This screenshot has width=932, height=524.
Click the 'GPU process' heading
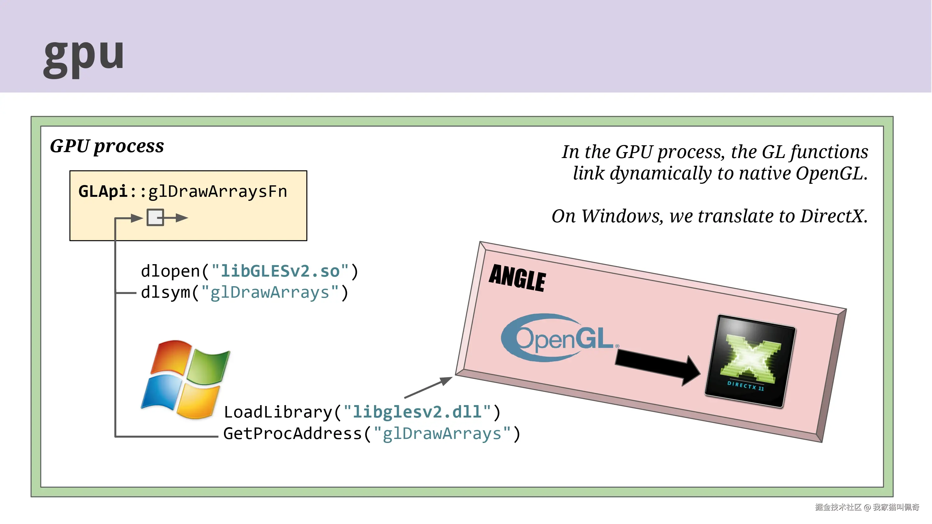(x=107, y=146)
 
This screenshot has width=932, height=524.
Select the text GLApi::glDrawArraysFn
(x=183, y=191)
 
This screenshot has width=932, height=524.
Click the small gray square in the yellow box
(x=155, y=217)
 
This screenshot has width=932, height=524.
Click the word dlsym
(x=165, y=292)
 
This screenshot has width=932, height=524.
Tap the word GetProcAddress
(x=292, y=434)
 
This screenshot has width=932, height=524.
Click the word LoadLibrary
(x=278, y=412)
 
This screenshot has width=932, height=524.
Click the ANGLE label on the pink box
(x=517, y=278)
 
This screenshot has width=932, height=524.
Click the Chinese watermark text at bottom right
(x=867, y=507)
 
